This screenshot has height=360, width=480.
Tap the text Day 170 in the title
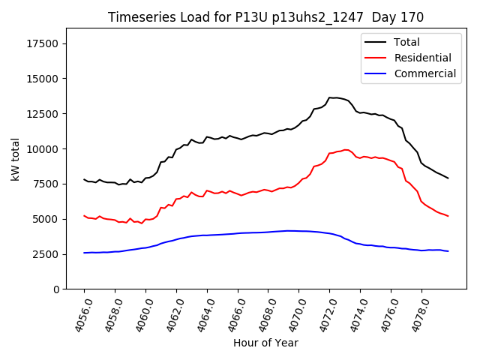tap(399, 17)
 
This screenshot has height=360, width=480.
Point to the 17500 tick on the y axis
tap(43, 43)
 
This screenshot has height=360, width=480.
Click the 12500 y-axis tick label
tap(43, 114)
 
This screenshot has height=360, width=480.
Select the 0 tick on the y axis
tap(57, 289)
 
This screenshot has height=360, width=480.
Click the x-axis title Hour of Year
tap(265, 343)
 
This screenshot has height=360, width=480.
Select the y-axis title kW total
tap(15, 159)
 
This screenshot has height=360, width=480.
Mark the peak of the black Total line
tap(333, 97)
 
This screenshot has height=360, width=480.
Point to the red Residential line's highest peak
tap(346, 149)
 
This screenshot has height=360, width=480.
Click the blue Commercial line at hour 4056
tap(85, 253)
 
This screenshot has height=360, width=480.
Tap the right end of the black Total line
tap(448, 178)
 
